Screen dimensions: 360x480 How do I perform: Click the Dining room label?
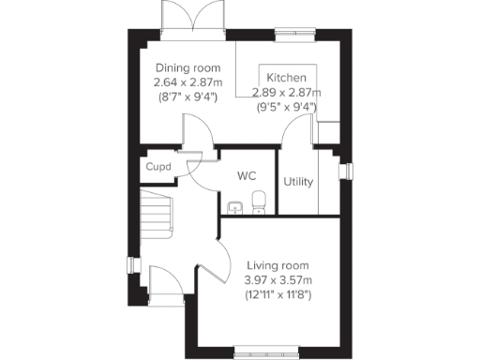pyautogui.click(x=187, y=68)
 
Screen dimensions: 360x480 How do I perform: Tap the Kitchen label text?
pyautogui.click(x=285, y=77)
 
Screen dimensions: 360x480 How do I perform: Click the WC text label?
pyautogui.click(x=247, y=175)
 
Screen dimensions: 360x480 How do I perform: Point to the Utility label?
pyautogui.click(x=298, y=182)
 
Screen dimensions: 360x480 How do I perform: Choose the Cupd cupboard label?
pyautogui.click(x=157, y=168)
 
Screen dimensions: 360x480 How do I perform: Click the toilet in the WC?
pyautogui.click(x=259, y=202)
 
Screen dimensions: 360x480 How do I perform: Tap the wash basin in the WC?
pyautogui.click(x=234, y=206)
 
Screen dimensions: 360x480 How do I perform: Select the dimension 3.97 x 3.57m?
pyautogui.click(x=277, y=279)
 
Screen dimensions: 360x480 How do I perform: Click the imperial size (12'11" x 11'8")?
pyautogui.click(x=277, y=294)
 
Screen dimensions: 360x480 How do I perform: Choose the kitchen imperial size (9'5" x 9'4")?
pyautogui.click(x=287, y=107)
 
